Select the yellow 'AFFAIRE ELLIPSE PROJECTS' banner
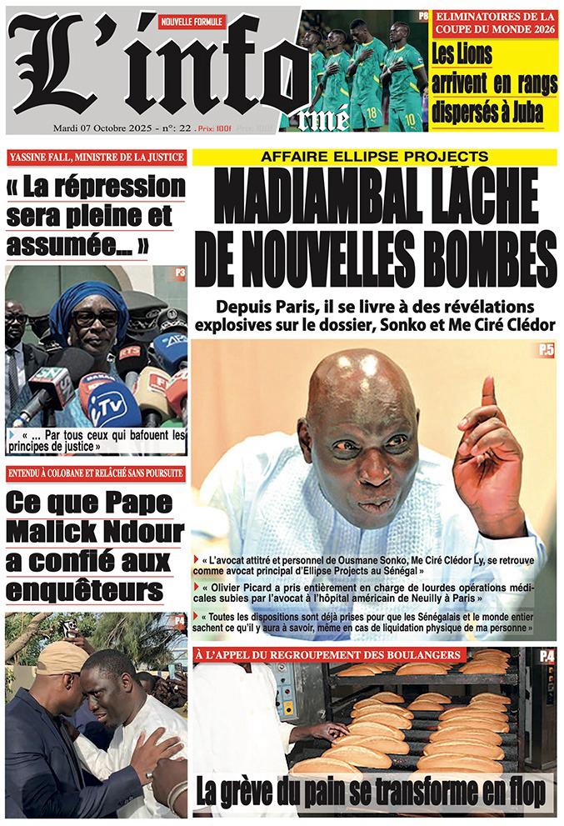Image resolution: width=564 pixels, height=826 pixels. pyautogui.click(x=374, y=156)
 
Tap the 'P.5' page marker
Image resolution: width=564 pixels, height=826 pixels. pyautogui.click(x=545, y=353)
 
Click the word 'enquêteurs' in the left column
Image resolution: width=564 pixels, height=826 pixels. pyautogui.click(x=83, y=590)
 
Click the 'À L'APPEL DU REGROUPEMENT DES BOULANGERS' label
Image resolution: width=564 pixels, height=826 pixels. pyautogui.click(x=329, y=656)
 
